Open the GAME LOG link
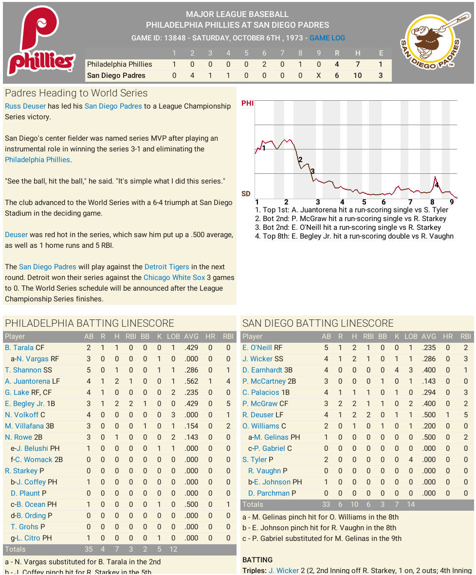327,38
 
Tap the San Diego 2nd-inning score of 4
192,75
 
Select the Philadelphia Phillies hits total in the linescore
357,64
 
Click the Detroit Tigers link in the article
167,267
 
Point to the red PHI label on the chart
247,103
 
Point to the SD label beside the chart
246,194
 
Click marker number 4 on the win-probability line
437,185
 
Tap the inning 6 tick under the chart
384,202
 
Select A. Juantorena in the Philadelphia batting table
27,381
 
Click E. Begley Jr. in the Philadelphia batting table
25,404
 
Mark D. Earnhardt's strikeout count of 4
397,370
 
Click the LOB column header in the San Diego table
411,336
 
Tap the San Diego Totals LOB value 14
411,504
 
